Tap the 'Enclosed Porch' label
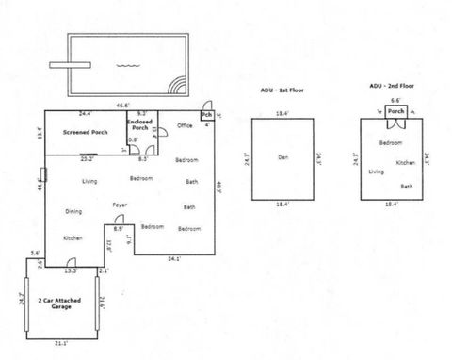[x=140, y=126]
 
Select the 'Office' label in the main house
[x=185, y=125]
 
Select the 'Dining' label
[x=73, y=211]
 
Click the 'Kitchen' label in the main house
[x=73, y=238]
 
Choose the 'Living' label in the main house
[x=89, y=180]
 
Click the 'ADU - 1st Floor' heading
[x=282, y=91]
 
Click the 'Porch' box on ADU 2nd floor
[x=395, y=110]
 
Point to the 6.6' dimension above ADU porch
[x=395, y=99]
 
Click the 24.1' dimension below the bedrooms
[x=173, y=258]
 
